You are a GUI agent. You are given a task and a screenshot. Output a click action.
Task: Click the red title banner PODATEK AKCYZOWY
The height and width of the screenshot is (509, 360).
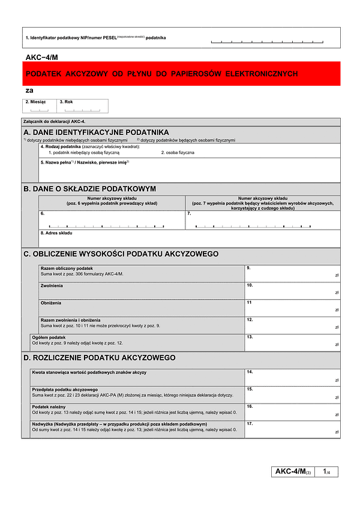180,74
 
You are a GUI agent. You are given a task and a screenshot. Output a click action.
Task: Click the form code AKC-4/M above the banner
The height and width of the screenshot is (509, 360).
42,57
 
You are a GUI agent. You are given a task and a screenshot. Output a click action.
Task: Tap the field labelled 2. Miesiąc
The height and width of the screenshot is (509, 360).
40,106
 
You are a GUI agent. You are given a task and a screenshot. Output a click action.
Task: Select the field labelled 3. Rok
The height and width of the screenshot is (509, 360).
83,106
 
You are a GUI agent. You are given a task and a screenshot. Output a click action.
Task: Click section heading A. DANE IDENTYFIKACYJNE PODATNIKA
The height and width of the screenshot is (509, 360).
96,132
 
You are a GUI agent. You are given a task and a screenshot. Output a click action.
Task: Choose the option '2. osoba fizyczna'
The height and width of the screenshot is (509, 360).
178,153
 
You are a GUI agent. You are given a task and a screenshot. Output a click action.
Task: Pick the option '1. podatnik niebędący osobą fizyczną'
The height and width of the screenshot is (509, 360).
84,153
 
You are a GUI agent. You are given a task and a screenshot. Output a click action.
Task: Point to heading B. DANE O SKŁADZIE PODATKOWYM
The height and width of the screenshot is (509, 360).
90,188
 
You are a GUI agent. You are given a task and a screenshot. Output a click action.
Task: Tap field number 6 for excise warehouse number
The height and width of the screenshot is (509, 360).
112,221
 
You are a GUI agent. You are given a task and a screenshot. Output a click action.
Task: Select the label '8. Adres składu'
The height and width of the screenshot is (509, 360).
56,233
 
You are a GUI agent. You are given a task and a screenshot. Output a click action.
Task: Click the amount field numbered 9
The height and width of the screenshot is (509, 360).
292,273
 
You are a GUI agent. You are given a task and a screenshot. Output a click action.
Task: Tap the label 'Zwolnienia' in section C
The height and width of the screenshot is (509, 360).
52,285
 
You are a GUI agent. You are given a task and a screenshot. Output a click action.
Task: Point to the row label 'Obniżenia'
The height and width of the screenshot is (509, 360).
51,303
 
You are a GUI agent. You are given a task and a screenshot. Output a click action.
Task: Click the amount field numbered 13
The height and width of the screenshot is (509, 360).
292,342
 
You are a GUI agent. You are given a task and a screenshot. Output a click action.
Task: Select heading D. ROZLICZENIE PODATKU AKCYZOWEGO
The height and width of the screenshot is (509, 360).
100,358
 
